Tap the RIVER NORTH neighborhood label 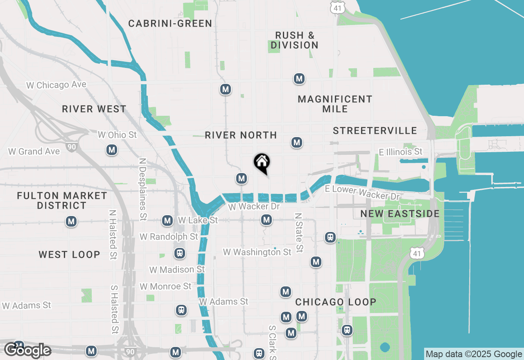click(x=241, y=135)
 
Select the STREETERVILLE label click(x=375, y=130)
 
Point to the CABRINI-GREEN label click(x=170, y=23)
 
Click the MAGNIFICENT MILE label click(x=335, y=104)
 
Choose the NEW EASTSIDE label click(x=400, y=214)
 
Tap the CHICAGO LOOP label click(x=336, y=302)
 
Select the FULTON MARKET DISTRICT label click(x=62, y=200)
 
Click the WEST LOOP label click(x=69, y=254)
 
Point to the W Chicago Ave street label click(x=56, y=85)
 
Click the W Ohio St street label click(x=117, y=134)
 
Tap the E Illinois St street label click(x=400, y=152)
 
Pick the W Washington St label click(x=257, y=252)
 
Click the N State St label click(x=299, y=232)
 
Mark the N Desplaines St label click(x=142, y=189)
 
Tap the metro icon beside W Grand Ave click(x=112, y=150)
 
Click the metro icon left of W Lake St click(x=167, y=220)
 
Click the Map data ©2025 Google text click(x=474, y=354)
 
